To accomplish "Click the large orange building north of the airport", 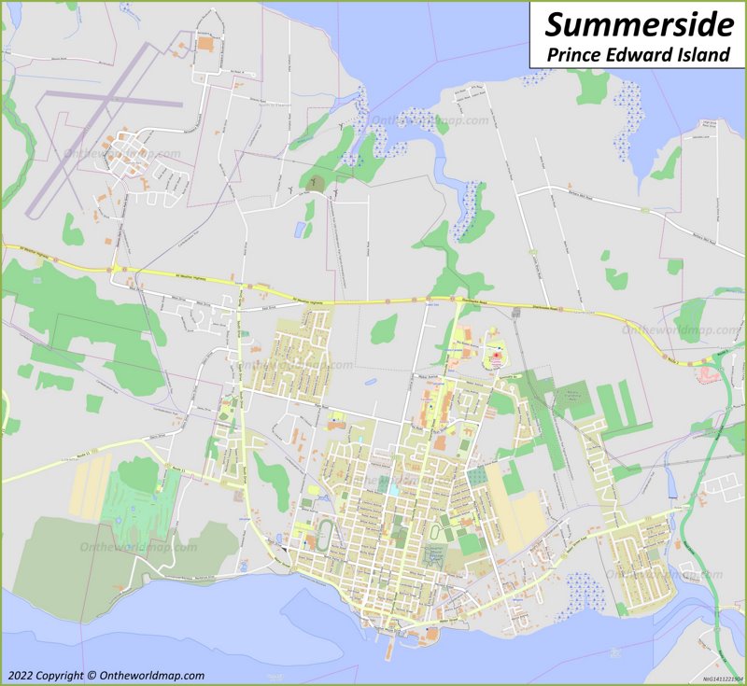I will [x=204, y=43].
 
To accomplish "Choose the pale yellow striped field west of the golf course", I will [x=91, y=485].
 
